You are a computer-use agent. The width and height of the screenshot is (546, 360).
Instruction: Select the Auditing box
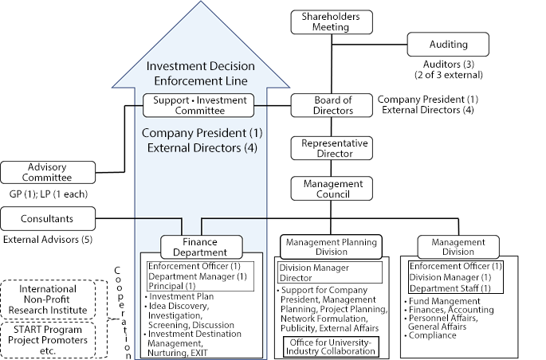click(x=448, y=45)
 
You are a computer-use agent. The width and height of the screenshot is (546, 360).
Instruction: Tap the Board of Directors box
click(x=332, y=105)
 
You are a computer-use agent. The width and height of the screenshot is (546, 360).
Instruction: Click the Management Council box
click(x=332, y=188)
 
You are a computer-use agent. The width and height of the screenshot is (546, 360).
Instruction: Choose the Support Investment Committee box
click(x=199, y=104)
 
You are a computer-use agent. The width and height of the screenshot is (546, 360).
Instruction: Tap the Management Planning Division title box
click(x=332, y=246)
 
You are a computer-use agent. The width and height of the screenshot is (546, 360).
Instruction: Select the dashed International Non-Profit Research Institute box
click(x=51, y=299)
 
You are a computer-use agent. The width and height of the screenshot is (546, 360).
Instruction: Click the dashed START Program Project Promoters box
click(x=51, y=338)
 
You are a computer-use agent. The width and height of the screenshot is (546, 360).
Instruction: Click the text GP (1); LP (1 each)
click(x=49, y=194)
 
